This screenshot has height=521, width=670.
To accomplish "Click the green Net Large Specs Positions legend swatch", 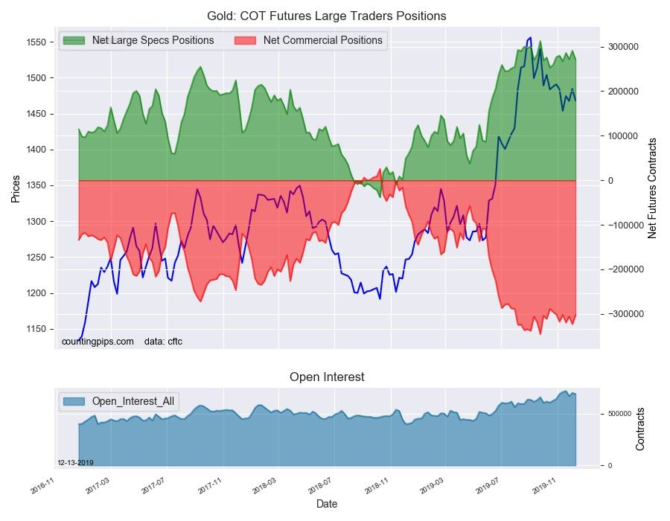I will click(75, 40).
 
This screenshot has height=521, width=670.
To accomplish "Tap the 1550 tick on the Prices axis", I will click(36, 42).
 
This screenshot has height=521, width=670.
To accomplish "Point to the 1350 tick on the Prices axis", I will click(36, 186).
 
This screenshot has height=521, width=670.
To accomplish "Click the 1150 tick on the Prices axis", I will click(36, 330).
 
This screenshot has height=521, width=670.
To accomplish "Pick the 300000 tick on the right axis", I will click(624, 47).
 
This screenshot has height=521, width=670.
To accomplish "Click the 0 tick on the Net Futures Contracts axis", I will click(611, 181).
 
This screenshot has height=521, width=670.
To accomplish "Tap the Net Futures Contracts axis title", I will click(653, 188).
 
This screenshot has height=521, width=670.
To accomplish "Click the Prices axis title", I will click(16, 188).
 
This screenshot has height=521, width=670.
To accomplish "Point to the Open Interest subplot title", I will click(327, 377).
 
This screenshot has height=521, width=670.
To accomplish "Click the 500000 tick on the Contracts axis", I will click(617, 414).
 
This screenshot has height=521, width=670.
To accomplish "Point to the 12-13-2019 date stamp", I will click(75, 462).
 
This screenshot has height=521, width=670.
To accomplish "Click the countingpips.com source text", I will click(98, 342).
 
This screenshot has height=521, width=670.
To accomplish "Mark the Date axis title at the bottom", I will click(327, 504).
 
